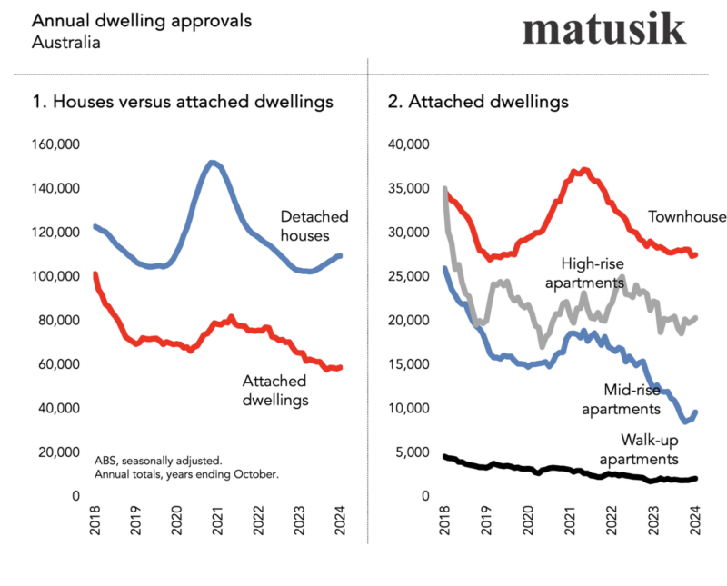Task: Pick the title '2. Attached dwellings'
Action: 478,102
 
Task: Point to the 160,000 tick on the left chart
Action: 56,144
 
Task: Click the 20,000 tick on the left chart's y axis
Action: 60,452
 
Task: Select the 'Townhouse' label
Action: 687,217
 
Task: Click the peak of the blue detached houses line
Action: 212,164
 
